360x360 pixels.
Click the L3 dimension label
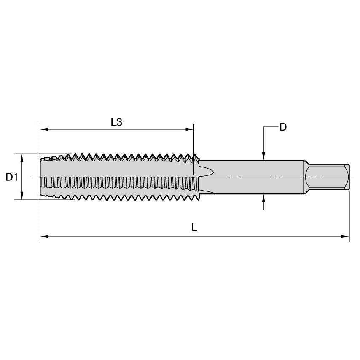coord(116,122)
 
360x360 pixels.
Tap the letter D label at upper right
coord(283,127)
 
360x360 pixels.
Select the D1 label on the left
coord(11,177)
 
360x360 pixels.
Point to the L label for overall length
coord(194,228)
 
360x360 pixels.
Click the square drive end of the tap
coord(328,177)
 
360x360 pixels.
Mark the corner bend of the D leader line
coord(263,127)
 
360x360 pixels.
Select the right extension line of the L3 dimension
coord(193,143)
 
